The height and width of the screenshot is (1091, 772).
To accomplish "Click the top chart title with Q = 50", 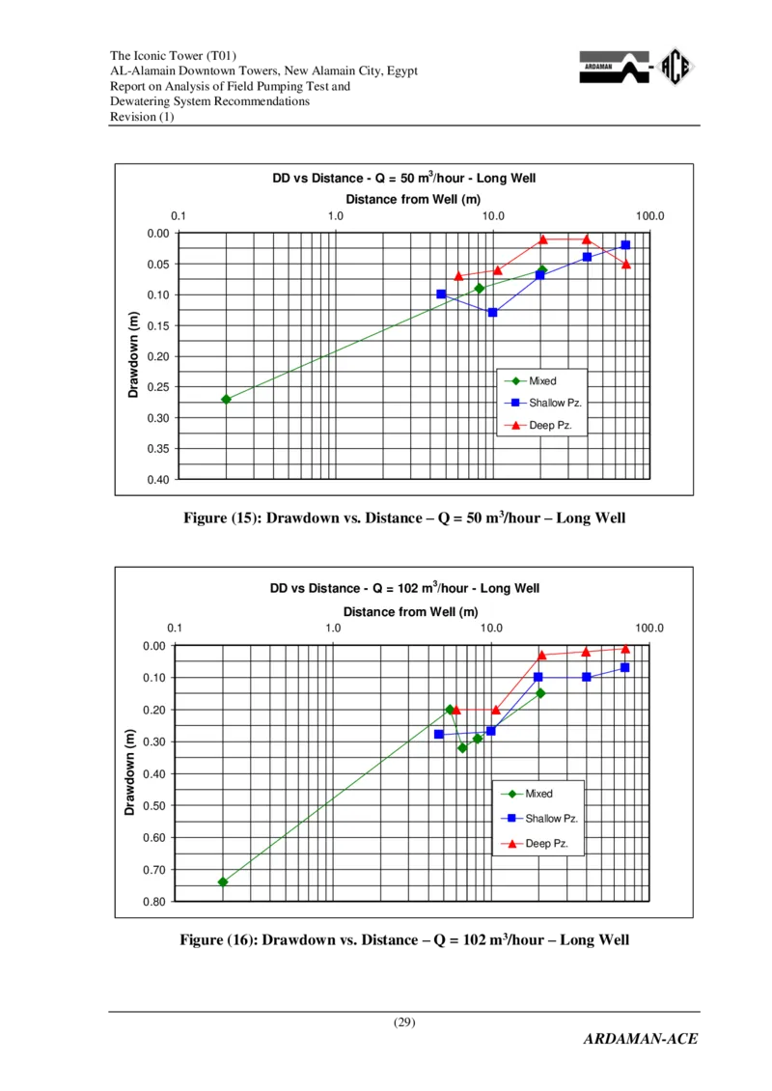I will (x=403, y=179).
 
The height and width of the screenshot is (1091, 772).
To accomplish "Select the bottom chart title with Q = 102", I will (x=404, y=589).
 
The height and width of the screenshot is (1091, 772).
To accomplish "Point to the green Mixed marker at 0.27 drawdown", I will (x=226, y=399).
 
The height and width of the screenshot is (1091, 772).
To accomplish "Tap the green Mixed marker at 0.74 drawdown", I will (x=223, y=881).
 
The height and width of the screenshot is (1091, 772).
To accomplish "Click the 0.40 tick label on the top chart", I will (x=157, y=480).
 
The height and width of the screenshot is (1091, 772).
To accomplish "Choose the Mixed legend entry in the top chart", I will (x=541, y=381).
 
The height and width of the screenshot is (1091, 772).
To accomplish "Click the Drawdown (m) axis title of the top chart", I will (x=134, y=355).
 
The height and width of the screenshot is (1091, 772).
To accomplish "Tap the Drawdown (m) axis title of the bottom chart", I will (x=130, y=772).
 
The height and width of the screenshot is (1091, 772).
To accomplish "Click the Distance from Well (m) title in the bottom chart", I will (x=411, y=612).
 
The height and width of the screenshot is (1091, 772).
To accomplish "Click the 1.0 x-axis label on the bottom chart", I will (x=333, y=629).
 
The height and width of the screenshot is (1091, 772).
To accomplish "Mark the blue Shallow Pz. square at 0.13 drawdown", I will (x=492, y=313).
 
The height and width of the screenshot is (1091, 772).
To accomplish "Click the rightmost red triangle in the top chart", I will (x=626, y=264).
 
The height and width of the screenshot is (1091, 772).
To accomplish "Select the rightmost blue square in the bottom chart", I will (x=624, y=667).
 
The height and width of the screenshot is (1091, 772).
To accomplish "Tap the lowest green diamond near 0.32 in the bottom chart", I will (x=462, y=747).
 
